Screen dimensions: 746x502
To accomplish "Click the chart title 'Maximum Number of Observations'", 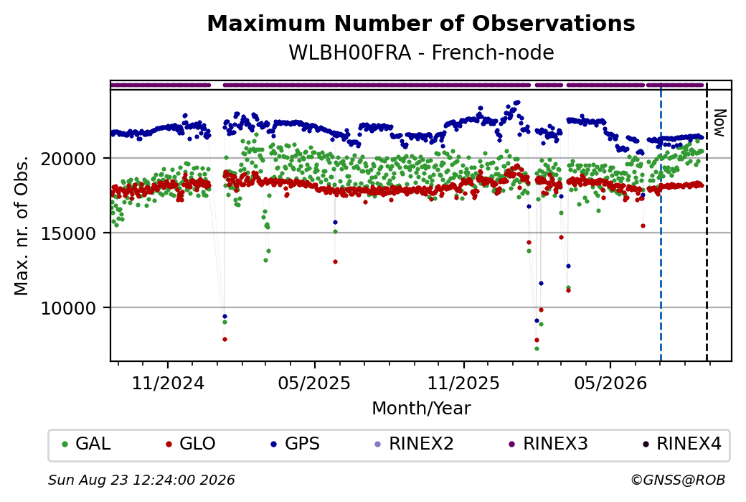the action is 421,23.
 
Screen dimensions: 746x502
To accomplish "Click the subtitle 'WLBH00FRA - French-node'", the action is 421,52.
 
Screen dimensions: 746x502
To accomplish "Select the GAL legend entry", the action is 87,443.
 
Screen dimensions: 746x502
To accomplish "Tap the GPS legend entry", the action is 295,443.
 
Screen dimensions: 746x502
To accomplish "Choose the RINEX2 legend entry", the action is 414,443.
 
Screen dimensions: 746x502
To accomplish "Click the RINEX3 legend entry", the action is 549,443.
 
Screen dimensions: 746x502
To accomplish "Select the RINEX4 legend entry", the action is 682,443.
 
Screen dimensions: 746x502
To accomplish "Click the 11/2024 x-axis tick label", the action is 167,383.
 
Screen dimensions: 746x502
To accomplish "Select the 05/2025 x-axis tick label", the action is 314,383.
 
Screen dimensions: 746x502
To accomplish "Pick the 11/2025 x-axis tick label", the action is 463,383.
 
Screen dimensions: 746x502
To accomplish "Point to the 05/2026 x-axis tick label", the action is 610,383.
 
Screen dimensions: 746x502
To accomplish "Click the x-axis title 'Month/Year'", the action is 421,408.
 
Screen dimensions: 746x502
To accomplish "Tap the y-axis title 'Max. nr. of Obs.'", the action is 22,226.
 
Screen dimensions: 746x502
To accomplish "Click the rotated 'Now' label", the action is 720,124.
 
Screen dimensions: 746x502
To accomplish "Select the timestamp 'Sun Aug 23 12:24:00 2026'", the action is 141,480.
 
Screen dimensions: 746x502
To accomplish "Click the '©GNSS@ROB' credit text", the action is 678,480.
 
